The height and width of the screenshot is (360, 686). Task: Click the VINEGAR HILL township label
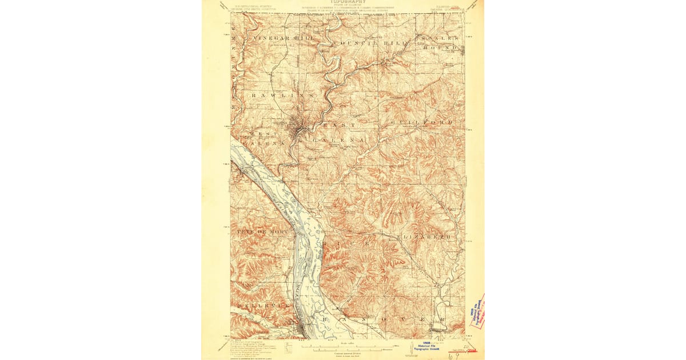pyautogui.click(x=280, y=37)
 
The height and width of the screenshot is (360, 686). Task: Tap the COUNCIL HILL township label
pyautogui.click(x=364, y=43)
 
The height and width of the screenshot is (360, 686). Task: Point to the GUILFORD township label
pyautogui.click(x=422, y=123)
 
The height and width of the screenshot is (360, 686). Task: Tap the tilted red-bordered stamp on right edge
pyautogui.click(x=476, y=311)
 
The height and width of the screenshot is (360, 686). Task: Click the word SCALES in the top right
pyautogui.click(x=440, y=38)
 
